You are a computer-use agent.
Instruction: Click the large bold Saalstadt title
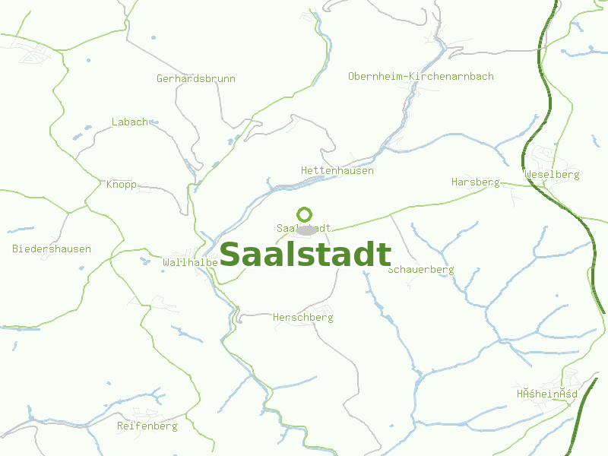click(305, 255)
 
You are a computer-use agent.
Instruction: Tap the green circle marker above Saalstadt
click(304, 214)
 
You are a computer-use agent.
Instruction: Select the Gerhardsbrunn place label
click(196, 78)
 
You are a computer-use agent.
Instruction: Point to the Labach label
click(130, 122)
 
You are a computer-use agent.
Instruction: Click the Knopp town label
click(121, 184)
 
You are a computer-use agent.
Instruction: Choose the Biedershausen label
click(52, 249)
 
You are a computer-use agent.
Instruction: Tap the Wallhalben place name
click(190, 262)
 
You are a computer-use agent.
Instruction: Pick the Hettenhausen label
click(337, 171)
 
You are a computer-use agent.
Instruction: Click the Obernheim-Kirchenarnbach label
click(420, 76)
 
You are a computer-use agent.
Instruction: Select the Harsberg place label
click(475, 182)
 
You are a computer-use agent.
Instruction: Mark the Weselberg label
click(552, 175)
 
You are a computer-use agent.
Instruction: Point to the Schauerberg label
click(420, 270)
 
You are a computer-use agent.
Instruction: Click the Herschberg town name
click(302, 318)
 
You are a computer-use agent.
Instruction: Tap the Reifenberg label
click(147, 426)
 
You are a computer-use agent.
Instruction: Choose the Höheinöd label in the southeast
click(546, 394)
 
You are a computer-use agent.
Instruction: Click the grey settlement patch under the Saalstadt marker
click(306, 230)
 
